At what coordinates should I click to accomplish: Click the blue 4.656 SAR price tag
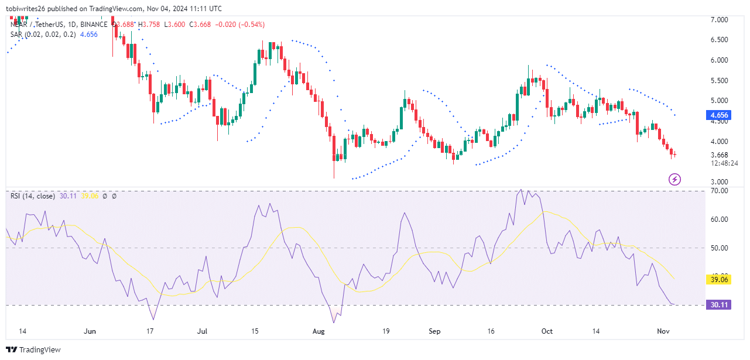(x=718, y=115)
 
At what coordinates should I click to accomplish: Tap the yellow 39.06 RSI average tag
(x=718, y=280)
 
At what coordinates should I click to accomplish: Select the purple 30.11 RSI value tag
(x=718, y=305)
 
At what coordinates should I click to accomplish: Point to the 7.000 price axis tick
(x=718, y=20)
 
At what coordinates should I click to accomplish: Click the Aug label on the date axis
(x=319, y=331)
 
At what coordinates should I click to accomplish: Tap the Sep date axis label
(x=434, y=331)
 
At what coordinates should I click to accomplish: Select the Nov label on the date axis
(x=663, y=331)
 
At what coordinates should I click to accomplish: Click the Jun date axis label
(x=90, y=331)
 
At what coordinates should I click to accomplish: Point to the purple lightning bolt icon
(x=674, y=179)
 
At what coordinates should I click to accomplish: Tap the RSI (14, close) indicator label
(x=33, y=196)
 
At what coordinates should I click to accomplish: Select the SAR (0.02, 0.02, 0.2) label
(x=42, y=35)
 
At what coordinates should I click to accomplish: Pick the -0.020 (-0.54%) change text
(x=241, y=24)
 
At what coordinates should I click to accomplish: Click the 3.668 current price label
(x=718, y=155)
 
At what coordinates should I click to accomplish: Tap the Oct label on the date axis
(x=547, y=331)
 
